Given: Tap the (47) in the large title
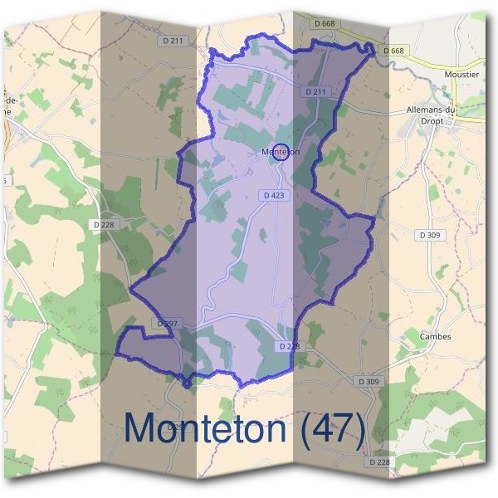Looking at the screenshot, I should pyautogui.click(x=333, y=428).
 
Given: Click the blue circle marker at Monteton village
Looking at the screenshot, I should pyautogui.click(x=281, y=151).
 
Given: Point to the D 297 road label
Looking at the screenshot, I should pyautogui.click(x=166, y=323).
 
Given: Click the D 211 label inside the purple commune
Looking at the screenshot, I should pyautogui.click(x=316, y=91).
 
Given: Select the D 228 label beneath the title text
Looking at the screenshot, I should pyautogui.click(x=378, y=461).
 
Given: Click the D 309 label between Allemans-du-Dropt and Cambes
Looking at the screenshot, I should pyautogui.click(x=430, y=235).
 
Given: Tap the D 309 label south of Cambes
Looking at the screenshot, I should pyautogui.click(x=369, y=381).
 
